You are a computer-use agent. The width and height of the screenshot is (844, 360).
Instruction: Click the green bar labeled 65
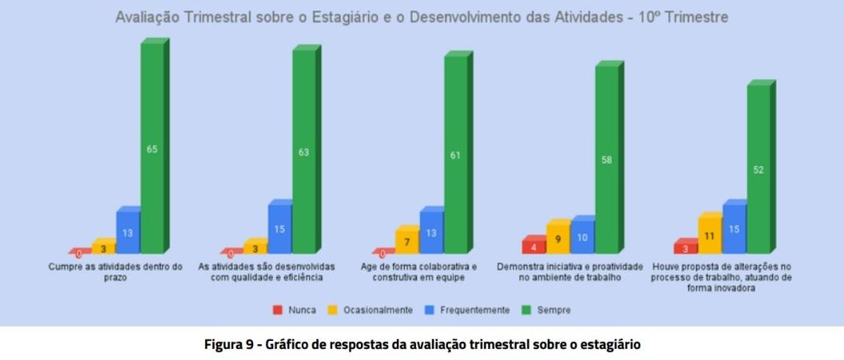(152, 148)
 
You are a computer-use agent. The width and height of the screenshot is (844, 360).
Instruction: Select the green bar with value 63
(303, 152)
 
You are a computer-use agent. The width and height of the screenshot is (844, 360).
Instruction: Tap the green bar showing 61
(455, 155)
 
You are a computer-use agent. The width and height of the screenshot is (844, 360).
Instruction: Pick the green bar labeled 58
(606, 160)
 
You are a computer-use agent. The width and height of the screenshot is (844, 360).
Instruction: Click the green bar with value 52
(758, 169)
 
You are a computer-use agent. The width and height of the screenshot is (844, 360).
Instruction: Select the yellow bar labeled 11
(710, 236)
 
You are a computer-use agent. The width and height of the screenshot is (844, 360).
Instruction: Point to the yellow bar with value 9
(558, 239)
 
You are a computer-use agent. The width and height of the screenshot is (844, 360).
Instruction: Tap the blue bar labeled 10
(582, 238)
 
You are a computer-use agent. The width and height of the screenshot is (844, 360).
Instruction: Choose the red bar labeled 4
(534, 247)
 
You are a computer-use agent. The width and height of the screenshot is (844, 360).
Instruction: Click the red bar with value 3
(685, 248)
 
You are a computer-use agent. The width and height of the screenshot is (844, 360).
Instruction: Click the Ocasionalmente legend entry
(371, 310)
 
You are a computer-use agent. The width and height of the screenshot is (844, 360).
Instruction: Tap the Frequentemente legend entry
(468, 310)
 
